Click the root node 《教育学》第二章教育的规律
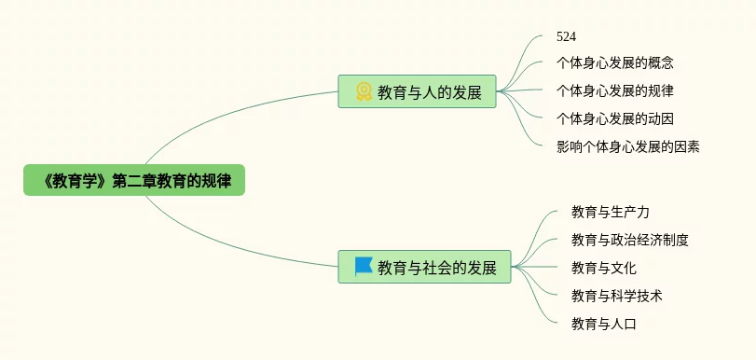click(x=134, y=180)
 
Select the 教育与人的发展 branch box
click(x=417, y=91)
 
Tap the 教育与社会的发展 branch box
click(x=424, y=267)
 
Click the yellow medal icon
click(x=364, y=91)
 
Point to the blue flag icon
click(x=364, y=267)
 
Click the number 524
click(x=566, y=36)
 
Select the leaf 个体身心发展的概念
click(x=614, y=62)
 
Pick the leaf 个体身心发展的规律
click(x=614, y=90)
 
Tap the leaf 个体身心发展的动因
click(x=614, y=118)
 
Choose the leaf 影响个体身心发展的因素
click(x=627, y=146)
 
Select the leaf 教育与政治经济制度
click(x=629, y=240)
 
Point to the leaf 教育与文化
click(x=604, y=268)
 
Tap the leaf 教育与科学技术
click(x=617, y=296)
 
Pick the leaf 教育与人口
click(x=604, y=324)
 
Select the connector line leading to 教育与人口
click(x=534, y=298)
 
